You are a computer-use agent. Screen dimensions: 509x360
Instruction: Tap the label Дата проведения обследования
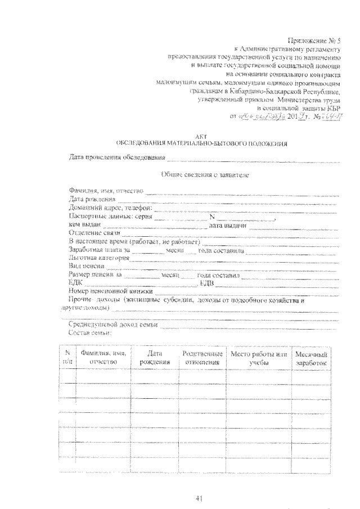[x=117, y=157]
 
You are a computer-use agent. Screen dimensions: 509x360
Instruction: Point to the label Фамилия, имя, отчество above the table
[x=105, y=191]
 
